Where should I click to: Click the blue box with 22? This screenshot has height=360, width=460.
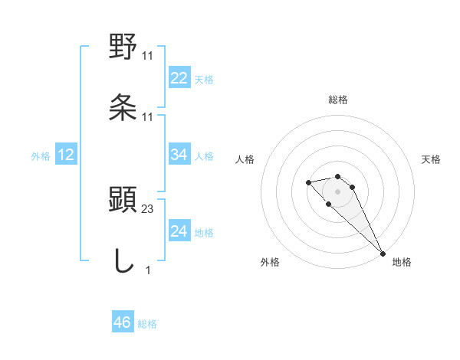coord(179,78)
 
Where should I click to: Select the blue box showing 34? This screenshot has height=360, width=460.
coord(179,155)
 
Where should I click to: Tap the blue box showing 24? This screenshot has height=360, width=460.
coord(179,232)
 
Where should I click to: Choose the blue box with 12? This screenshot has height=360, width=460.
coord(65,155)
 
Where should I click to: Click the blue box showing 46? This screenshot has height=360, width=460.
coord(122,322)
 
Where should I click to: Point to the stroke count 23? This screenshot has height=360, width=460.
coord(148,208)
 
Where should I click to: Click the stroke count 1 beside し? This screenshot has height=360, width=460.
coord(147,270)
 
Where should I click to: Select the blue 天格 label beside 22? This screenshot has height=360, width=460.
coord(203,79)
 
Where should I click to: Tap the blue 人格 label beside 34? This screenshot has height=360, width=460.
coord(203,155)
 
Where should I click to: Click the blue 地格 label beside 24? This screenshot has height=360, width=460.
coord(203,233)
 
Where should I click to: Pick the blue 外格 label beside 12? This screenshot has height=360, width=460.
coord(41,156)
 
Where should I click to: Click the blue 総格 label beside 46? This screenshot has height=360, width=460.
coord(146,324)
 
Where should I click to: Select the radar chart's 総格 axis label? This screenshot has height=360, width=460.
coord(338,100)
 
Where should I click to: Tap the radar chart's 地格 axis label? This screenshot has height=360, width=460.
coord(402,262)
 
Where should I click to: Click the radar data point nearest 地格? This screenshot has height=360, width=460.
coord(382,253)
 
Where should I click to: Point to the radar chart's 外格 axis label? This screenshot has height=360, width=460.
coord(270,262)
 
